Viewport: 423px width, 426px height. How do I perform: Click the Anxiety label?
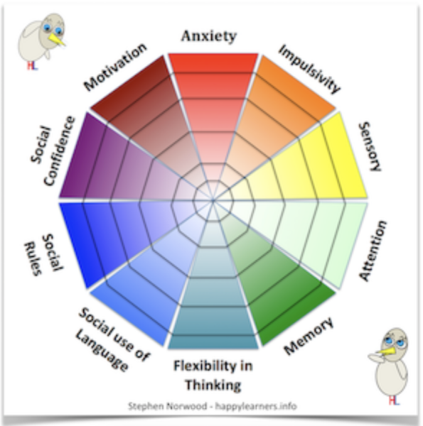coord(209,36)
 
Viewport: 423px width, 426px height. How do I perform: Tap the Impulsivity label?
coord(309,69)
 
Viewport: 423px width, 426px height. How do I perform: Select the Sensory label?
coord(370,147)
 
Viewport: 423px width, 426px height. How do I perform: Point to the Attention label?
coord(373,251)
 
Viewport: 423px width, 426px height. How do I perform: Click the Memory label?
coord(309,336)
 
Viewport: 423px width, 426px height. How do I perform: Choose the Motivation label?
coord(115,67)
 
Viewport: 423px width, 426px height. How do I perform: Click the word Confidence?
coord(59,151)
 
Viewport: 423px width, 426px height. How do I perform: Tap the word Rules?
coord(33,258)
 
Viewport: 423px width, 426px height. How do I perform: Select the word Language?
coord(102,351)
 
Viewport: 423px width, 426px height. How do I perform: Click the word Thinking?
coord(213,386)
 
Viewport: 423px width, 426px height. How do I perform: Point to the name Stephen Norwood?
coord(168,406)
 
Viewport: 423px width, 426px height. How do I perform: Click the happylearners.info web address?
coord(256,406)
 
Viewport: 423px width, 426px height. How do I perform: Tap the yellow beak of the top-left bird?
coord(57,39)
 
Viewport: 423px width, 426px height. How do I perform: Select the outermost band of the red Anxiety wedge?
coord(213,63)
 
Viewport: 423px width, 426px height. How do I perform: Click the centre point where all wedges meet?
coord(213,200)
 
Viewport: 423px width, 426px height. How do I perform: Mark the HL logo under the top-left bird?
coord(32,66)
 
